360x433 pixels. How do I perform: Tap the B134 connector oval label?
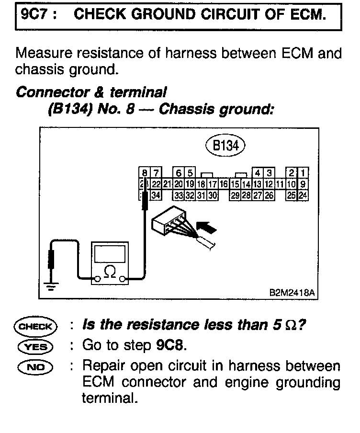[225, 146]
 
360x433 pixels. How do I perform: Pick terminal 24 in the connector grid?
[303, 195]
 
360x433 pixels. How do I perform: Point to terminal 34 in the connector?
[155, 195]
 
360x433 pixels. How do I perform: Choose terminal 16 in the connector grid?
[223, 184]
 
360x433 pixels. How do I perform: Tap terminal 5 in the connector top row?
[190, 172]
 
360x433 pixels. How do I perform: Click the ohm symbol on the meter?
[110, 272]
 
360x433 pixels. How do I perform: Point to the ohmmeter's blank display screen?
[110, 253]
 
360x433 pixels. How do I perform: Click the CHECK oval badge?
[35, 327]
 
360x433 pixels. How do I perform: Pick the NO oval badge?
[35, 367]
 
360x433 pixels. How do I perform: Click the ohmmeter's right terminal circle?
[123, 278]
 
